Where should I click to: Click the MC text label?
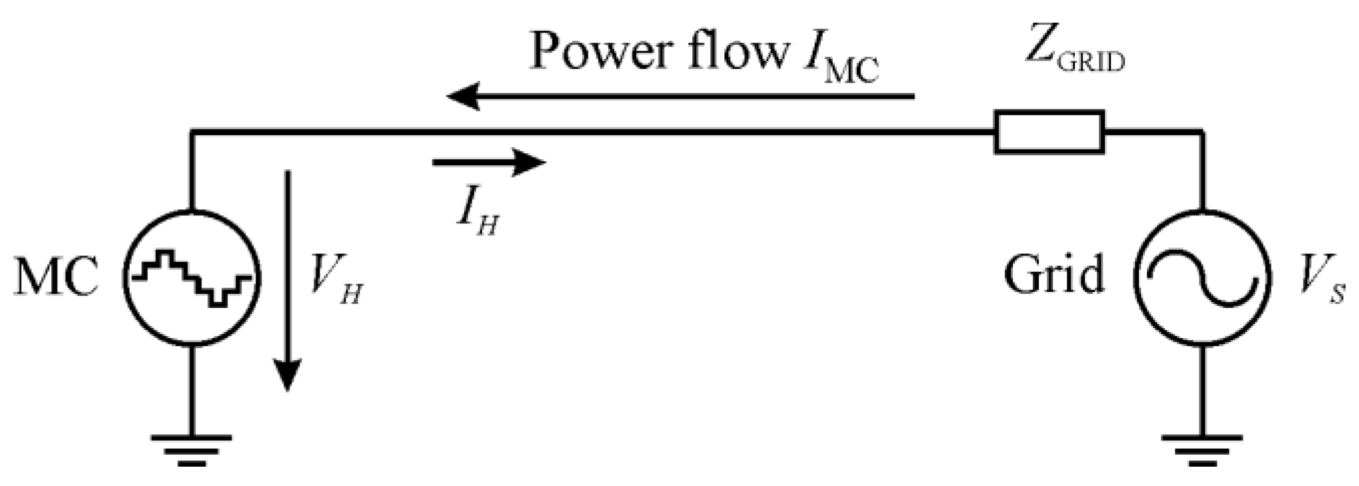pos(57,277)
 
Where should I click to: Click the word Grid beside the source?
pos(1054,275)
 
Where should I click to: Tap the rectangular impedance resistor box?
pos(1049,133)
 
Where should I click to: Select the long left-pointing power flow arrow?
pos(681,97)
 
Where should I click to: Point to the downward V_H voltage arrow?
pos(288,280)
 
